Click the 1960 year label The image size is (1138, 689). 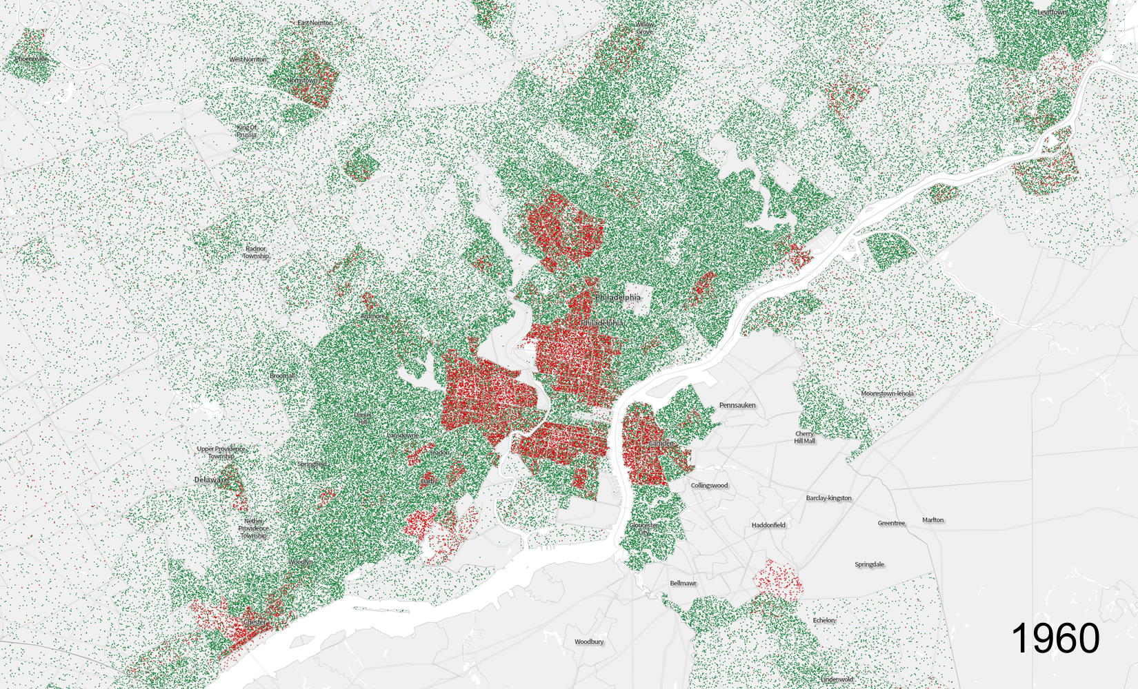pos(1055,638)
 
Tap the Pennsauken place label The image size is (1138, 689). pos(737,405)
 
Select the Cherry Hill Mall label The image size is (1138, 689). pos(804,438)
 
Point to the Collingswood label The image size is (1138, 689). pos(709,486)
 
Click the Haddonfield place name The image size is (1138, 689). pos(768,525)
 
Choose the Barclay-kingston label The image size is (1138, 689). pos(828,498)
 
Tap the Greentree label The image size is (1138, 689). pos(891,523)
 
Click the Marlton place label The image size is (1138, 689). pos(932,520)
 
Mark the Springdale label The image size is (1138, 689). pos(869,564)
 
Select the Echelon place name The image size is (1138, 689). pos(823,620)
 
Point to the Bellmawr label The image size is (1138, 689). pos(683,583)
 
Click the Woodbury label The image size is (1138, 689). pos(589,641)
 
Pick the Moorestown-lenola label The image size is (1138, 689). pos(887,393)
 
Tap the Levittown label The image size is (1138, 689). pos(1052,12)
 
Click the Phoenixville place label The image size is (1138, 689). pos(32,59)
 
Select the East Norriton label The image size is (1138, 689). pos(315,23)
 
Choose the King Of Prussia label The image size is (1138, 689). pos(246,131)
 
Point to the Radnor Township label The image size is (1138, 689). pos(255,252)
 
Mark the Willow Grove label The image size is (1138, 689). pos(644,28)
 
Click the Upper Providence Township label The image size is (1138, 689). pos(221,453)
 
